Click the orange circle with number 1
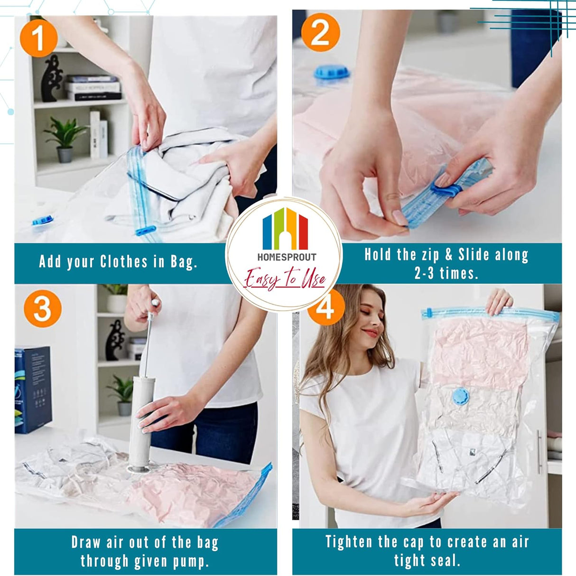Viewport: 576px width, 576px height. [x=38, y=38]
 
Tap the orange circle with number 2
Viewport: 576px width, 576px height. [x=320, y=32]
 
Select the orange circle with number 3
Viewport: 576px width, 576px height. [x=42, y=308]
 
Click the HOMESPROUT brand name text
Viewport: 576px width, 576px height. [x=287, y=257]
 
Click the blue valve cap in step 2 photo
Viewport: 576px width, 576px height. [x=331, y=73]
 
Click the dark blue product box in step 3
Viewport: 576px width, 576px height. [x=32, y=389]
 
